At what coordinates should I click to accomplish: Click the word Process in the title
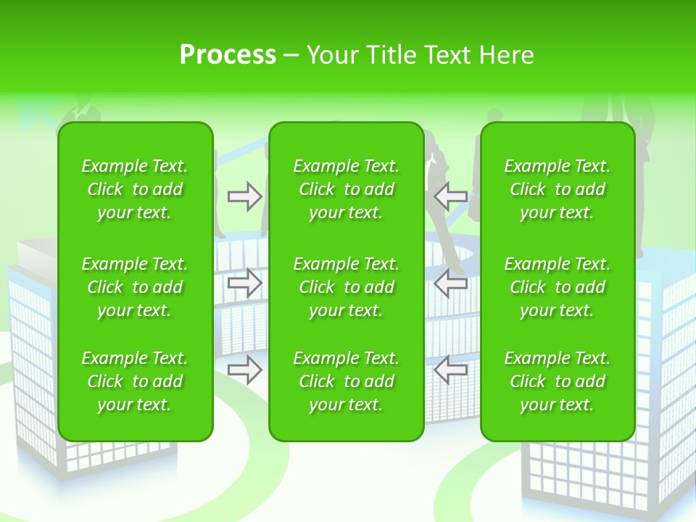pos(228,55)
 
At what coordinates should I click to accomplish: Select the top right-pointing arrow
pos(245,196)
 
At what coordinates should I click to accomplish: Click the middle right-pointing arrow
pos(245,283)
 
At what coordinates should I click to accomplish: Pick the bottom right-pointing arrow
pos(245,370)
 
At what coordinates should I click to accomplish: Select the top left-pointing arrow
pos(450,196)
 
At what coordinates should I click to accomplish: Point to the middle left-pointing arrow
pos(450,283)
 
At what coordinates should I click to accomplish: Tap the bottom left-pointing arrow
pos(450,370)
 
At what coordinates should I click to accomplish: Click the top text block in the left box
pos(135,189)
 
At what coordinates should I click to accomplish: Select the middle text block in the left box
pos(135,287)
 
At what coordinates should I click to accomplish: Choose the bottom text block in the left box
pos(135,381)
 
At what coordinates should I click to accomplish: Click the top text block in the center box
pos(346,189)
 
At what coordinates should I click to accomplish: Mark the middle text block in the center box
pos(346,287)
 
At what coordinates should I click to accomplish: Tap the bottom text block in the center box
pos(346,381)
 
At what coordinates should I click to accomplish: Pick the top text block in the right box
pos(558,189)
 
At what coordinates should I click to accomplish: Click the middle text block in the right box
pos(558,287)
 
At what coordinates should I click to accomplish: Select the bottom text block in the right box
pos(558,381)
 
